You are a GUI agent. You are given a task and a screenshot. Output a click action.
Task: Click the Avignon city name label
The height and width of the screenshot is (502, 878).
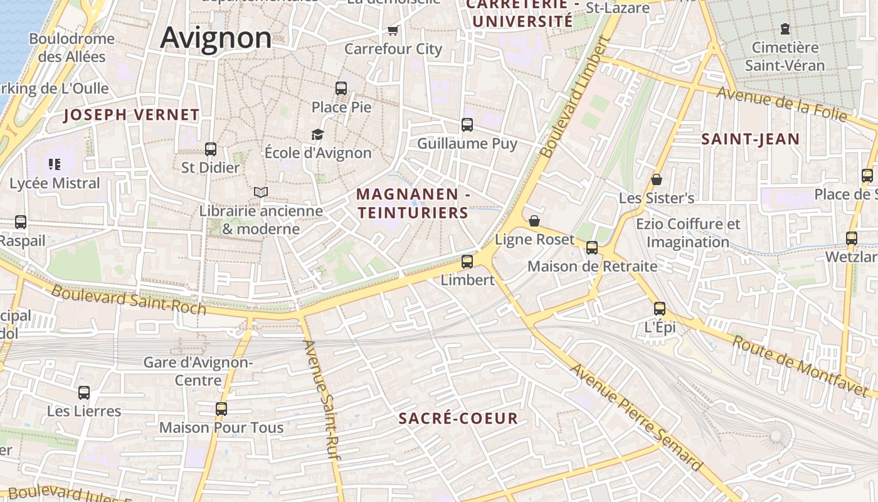pos(216,38)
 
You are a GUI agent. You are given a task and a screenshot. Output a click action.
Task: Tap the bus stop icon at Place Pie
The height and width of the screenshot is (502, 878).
pos(341,88)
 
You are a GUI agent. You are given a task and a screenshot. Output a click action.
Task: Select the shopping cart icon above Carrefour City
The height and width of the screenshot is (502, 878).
pos(393,30)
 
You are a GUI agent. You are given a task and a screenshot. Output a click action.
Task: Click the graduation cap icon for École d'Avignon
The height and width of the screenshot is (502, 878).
pos(317,134)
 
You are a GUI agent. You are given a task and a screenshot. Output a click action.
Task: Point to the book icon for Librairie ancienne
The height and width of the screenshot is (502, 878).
pos(261,192)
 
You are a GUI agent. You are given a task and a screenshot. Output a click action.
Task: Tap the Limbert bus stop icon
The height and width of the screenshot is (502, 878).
pos(467,262)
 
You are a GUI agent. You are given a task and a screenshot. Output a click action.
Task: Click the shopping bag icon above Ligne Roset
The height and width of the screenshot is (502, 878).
pos(534,221)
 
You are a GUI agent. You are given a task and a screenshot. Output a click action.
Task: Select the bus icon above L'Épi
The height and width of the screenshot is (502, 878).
pos(659,308)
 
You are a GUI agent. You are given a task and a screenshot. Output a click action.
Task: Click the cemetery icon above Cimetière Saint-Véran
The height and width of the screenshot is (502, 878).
pos(785,29)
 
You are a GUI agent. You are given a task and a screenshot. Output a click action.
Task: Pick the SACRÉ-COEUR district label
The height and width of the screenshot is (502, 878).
pos(458,419)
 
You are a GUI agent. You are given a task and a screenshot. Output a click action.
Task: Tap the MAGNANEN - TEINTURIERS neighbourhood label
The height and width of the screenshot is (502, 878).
pos(413,204)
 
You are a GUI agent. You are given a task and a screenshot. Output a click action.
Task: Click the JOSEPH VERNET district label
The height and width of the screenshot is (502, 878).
pos(132,115)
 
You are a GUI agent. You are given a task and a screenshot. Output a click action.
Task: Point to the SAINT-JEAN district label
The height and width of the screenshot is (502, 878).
pos(750,139)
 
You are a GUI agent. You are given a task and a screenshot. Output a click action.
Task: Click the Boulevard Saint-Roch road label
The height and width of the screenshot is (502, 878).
pos(129,299)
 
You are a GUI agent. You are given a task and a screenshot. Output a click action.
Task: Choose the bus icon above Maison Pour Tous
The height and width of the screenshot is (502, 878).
pos(221,409)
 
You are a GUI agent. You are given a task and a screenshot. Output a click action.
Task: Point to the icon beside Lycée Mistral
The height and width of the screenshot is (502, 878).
pos(55,164)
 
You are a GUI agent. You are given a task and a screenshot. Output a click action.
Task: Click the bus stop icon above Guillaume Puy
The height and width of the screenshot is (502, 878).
pos(467,125)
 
